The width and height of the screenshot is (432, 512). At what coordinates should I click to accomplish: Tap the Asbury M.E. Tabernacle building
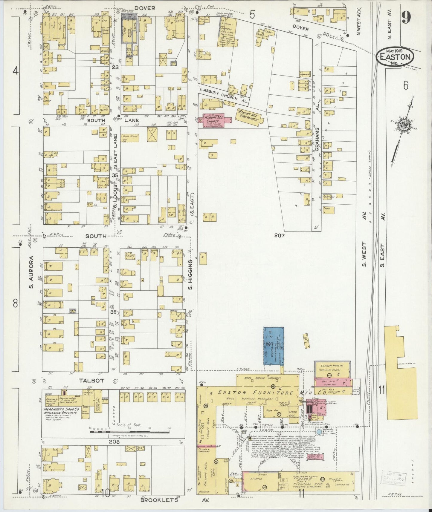coord(251,116)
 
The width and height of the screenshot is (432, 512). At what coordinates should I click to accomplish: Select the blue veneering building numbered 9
coord(273,346)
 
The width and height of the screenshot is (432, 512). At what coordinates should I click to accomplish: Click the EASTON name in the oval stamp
coord(395,56)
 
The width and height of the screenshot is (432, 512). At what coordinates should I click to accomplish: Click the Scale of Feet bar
coord(129,432)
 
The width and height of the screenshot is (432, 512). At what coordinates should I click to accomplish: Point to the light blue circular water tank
coord(319,432)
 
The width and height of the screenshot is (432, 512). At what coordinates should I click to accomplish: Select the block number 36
coord(114,312)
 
